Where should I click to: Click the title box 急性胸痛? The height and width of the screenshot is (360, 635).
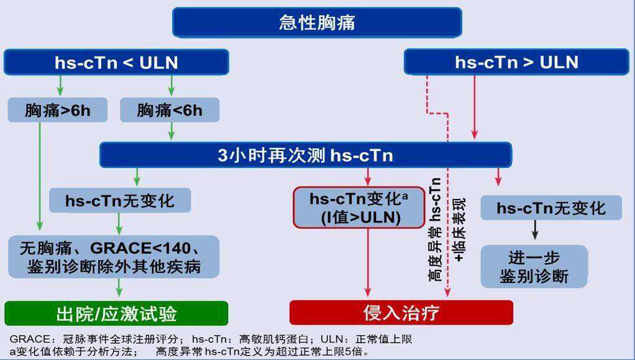click(x=317, y=22)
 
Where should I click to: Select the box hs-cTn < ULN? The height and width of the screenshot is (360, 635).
click(x=116, y=62)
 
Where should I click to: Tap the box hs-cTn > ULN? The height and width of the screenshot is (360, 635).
click(x=516, y=62)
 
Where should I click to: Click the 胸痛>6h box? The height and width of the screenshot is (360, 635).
click(x=57, y=110)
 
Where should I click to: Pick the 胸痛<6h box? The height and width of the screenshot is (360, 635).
click(x=170, y=110)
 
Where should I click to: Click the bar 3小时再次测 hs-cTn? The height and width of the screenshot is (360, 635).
click(x=306, y=155)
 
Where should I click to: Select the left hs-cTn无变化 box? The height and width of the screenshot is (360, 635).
click(x=120, y=200)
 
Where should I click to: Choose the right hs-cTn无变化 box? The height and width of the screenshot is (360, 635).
click(x=551, y=207)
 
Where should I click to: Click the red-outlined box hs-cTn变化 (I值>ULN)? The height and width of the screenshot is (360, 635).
click(x=359, y=207)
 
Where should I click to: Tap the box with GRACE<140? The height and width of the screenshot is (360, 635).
click(x=114, y=256)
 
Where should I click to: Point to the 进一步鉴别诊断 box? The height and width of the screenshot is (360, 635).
click(x=534, y=266)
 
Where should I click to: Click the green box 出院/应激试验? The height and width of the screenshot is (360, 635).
click(x=116, y=313)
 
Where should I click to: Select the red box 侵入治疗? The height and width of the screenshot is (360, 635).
click(x=401, y=312)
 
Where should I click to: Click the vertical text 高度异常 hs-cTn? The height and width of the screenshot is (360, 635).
click(x=436, y=229)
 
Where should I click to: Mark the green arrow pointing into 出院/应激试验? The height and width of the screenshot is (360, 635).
click(x=119, y=288)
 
